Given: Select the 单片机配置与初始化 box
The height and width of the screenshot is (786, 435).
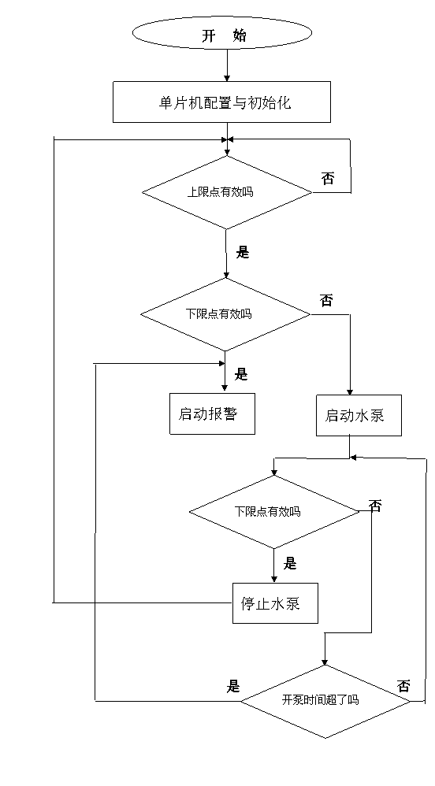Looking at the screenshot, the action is (221, 102).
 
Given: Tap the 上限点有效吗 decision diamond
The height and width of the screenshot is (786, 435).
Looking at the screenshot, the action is (227, 192).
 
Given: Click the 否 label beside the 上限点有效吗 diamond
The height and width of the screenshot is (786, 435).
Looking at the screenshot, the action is (328, 178).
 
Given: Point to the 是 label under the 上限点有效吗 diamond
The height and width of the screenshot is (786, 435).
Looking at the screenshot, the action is (243, 252).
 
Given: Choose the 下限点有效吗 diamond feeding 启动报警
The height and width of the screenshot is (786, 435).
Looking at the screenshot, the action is (225, 314).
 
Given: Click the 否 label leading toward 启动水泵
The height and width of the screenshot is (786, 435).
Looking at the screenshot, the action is (326, 300).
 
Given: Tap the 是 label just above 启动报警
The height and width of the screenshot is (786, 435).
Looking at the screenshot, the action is (242, 374).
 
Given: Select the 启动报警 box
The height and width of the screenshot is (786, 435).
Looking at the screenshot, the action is (212, 413).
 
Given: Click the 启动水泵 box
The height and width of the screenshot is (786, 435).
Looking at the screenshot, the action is (359, 416).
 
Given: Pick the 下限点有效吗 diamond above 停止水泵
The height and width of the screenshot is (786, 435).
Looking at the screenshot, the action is (274, 512).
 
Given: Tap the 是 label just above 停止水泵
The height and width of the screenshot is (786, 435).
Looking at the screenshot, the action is (290, 563).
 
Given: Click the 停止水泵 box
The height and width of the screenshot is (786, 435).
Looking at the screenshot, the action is (275, 603).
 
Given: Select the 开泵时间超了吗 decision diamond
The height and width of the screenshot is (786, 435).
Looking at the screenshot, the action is (325, 701).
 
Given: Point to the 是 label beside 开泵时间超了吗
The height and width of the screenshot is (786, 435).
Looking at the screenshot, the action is (233, 686).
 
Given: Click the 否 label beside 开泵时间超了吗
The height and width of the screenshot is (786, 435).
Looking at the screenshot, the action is (403, 686).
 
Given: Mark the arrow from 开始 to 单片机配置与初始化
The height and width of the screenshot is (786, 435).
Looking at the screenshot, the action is (227, 66).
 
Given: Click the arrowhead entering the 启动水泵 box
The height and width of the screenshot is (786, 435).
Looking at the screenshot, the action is (350, 392).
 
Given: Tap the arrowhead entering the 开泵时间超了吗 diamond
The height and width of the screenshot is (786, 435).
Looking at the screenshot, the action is (325, 662).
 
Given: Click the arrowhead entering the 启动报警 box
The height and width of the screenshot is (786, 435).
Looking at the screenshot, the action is (225, 387).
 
